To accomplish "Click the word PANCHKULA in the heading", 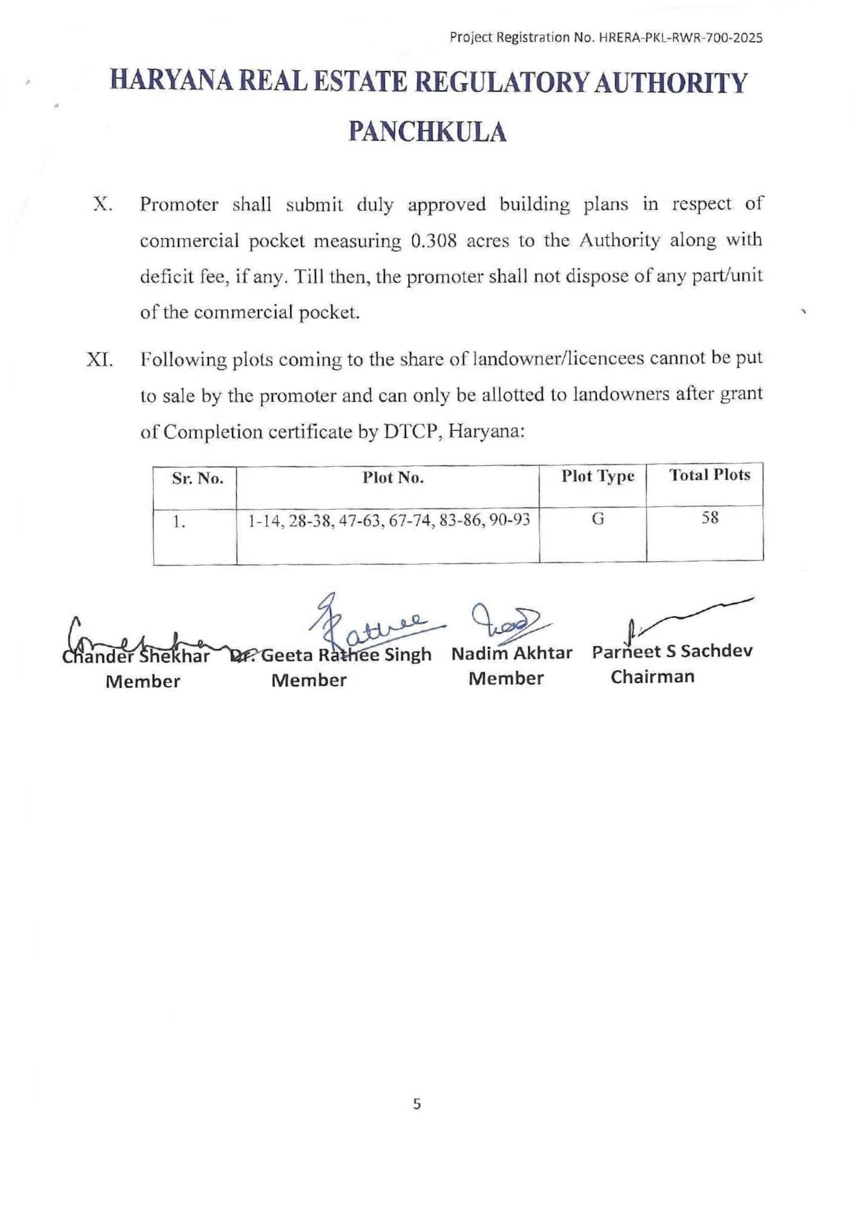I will click(x=427, y=131).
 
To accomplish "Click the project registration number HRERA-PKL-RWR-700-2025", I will click(x=680, y=38).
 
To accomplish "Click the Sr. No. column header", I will click(x=197, y=479).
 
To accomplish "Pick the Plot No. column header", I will click(x=393, y=478).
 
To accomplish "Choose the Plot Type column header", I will click(x=598, y=477).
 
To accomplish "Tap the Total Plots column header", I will click(x=709, y=475).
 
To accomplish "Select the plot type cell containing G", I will click(x=598, y=519).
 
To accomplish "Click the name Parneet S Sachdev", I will click(x=672, y=652).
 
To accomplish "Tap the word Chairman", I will click(x=652, y=676).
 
